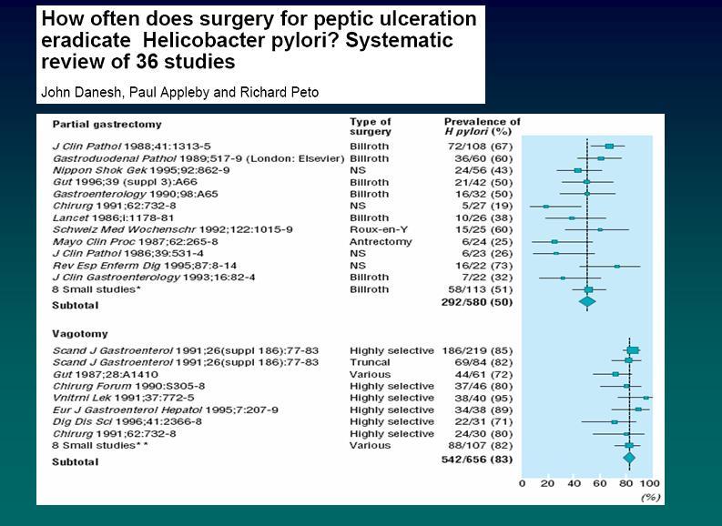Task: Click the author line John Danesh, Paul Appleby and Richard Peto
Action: pyautogui.click(x=179, y=93)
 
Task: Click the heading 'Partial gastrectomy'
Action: pyautogui.click(x=107, y=124)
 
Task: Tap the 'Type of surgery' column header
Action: pyautogui.click(x=371, y=126)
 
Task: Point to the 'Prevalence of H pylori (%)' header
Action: pyautogui.click(x=482, y=126)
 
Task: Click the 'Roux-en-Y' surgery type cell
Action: pyautogui.click(x=376, y=230)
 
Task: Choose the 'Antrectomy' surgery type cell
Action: pyautogui.click(x=379, y=242)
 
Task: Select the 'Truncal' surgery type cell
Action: pyautogui.click(x=369, y=362)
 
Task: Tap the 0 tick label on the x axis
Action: pyautogui.click(x=522, y=482)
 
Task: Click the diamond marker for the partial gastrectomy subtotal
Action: pyautogui.click(x=587, y=301)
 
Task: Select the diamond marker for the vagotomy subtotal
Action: pyautogui.click(x=629, y=459)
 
